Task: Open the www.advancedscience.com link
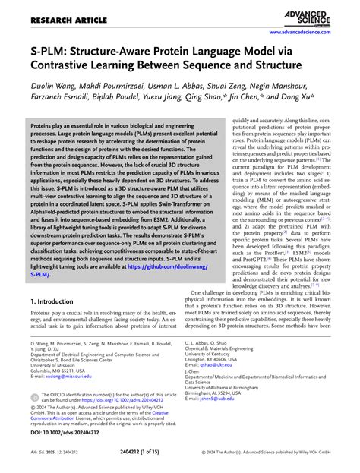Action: point(312,34)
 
